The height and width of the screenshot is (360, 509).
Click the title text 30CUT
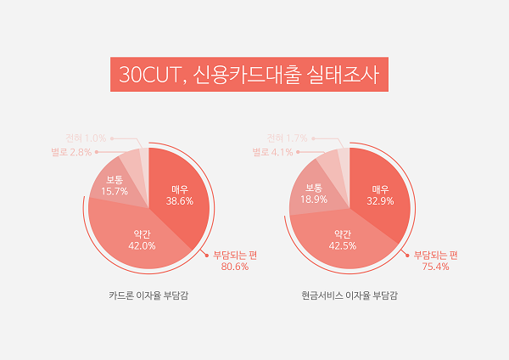[x=148, y=75]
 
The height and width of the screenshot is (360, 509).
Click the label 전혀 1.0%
[x=87, y=138]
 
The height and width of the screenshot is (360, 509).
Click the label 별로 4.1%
[x=273, y=152]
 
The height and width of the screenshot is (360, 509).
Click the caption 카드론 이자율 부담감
[x=149, y=297]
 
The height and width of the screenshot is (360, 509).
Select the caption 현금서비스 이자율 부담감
[x=350, y=297]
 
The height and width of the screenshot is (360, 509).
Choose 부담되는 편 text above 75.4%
[x=435, y=254]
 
